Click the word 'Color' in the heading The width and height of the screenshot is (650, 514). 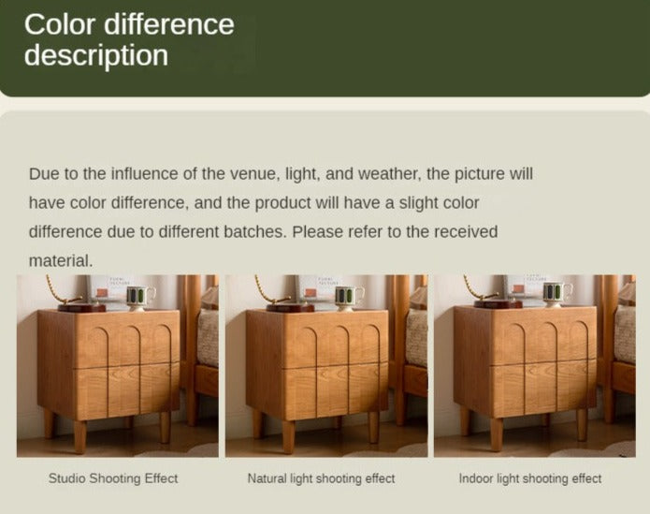coord(60,24)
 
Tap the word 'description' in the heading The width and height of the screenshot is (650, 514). coord(96,55)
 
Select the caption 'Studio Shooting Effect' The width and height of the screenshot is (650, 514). coord(113,478)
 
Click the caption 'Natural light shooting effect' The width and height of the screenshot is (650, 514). coord(322,478)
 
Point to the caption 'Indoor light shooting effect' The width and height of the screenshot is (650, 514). coord(530,478)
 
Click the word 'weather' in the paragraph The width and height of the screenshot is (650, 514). coord(390,174)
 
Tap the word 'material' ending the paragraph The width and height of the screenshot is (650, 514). coord(61,261)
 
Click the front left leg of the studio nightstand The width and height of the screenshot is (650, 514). coord(80,436)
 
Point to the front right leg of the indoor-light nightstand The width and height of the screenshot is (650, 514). coord(582,424)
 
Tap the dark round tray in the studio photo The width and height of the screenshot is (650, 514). coord(82,307)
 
